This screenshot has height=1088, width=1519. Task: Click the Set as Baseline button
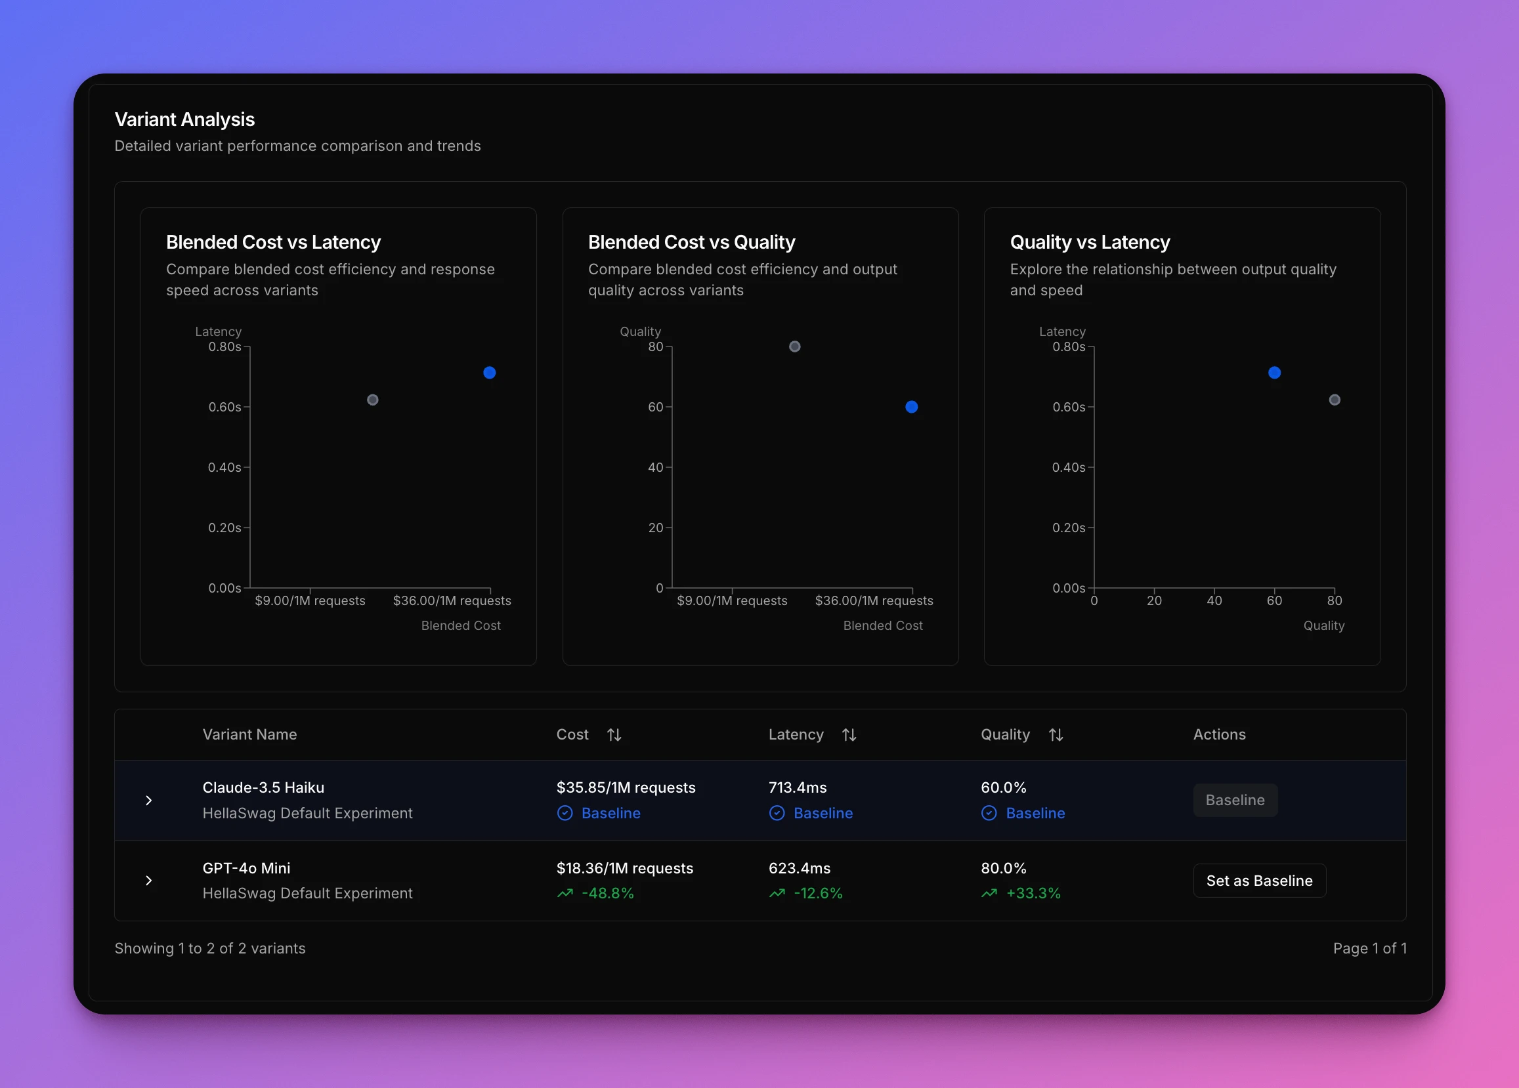(x=1259, y=881)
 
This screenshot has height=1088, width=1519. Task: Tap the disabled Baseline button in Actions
(x=1235, y=800)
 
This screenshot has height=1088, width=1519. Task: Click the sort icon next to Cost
(x=614, y=735)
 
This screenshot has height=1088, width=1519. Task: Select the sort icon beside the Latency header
(x=849, y=735)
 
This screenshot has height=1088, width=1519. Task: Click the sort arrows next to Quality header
(x=1056, y=735)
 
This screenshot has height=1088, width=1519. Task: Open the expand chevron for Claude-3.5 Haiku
(x=149, y=801)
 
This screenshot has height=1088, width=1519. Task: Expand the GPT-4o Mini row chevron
(x=149, y=881)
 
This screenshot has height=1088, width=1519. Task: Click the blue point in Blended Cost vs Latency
(x=490, y=373)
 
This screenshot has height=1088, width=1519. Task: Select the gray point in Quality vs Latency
(x=1334, y=400)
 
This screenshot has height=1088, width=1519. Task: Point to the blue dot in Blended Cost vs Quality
(x=912, y=407)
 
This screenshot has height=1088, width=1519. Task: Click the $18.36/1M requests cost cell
(x=624, y=868)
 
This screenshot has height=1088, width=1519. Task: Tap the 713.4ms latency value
(x=797, y=787)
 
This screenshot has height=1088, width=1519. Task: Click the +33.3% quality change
(x=1033, y=893)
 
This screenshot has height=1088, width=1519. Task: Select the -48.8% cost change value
(x=607, y=893)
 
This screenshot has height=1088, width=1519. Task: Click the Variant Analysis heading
(x=184, y=119)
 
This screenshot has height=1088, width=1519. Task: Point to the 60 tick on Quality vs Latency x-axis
(x=1274, y=600)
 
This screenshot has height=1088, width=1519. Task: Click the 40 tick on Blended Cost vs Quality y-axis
(x=655, y=467)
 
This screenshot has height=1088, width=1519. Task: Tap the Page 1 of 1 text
(x=1369, y=948)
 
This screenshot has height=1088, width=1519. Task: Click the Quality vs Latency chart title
(x=1090, y=242)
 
